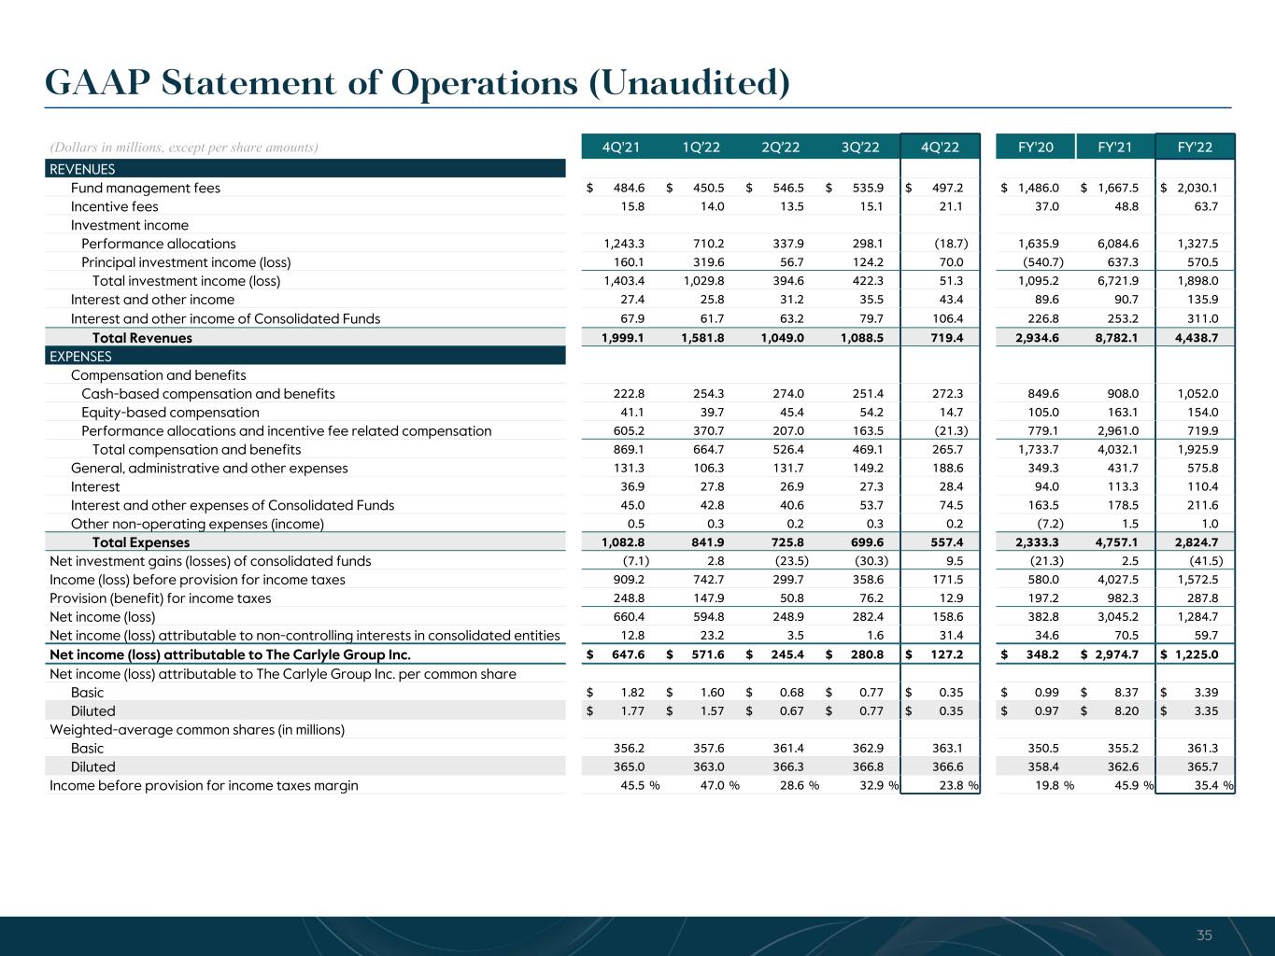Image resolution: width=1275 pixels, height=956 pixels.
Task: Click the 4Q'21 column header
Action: [x=620, y=148]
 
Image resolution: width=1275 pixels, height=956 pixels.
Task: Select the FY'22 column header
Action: [x=1196, y=148]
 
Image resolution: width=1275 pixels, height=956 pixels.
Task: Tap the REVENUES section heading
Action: [x=82, y=169]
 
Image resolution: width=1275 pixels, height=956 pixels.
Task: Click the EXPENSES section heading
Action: [x=80, y=356]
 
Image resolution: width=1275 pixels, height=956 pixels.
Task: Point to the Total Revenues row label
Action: [x=142, y=338]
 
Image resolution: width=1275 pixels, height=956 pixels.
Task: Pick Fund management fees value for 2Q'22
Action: [x=784, y=188]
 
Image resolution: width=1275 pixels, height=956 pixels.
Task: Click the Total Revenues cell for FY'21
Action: [x=1118, y=338]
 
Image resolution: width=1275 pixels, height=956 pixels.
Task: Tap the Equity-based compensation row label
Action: [x=170, y=412]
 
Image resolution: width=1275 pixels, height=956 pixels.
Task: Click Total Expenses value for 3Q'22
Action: [x=863, y=542]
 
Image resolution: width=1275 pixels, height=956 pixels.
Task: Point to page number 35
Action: [x=1204, y=935]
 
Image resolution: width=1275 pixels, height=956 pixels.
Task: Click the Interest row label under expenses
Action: [x=95, y=486]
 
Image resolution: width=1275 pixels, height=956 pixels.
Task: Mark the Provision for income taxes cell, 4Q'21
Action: [x=625, y=598]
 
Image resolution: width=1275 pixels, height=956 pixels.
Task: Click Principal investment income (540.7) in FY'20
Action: [x=1040, y=262]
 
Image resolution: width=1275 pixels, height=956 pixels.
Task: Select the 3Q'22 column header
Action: [x=860, y=148]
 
